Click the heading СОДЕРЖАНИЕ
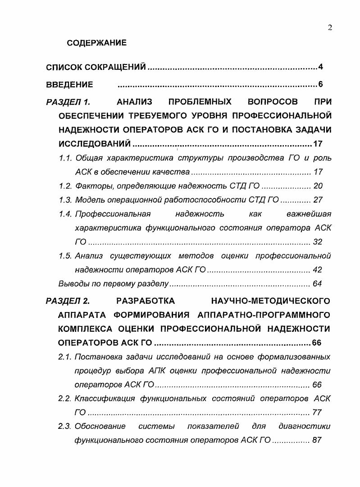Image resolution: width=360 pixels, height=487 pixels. click(96, 43)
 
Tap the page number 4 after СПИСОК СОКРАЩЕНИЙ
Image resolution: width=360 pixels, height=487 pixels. click(320, 68)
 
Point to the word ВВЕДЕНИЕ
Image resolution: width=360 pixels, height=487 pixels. click(70, 84)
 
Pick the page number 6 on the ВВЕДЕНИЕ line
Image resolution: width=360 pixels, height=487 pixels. click(320, 84)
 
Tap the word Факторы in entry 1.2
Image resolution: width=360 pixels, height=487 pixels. click(92, 186)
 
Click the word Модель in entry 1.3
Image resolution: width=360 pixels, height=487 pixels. click(90, 200)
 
